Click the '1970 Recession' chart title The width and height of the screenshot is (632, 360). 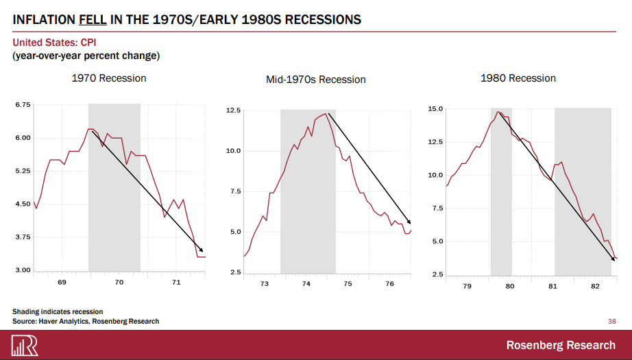pos(109,78)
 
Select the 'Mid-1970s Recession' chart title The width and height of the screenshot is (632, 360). pos(315,80)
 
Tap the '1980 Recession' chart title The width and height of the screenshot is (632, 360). pos(518,78)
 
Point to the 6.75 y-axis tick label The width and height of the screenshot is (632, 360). pos(23,105)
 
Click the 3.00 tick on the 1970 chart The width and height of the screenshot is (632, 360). pos(23,271)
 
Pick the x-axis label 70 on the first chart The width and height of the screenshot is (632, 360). pos(119,283)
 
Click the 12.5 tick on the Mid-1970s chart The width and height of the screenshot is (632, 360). pos(232,110)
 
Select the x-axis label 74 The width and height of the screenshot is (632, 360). pos(306,284)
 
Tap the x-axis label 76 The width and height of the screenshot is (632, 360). pos(389,284)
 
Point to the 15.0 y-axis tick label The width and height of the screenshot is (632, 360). pos(435,109)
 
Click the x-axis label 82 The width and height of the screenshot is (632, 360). pos(595,285)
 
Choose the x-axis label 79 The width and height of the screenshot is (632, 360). pos(467,285)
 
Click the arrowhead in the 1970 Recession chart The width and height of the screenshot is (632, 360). pos(201,250)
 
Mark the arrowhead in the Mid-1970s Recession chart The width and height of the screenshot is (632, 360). pos(409,222)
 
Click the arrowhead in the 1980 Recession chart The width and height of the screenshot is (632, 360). pos(613,259)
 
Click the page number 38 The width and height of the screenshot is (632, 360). pos(612,320)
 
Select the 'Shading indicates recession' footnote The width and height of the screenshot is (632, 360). pos(58,312)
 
